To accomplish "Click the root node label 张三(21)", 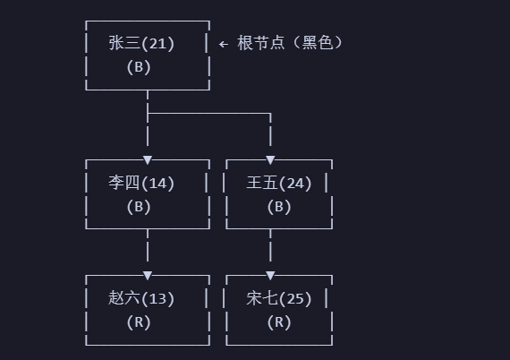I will pos(141,42).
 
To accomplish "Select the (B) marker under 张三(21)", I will pos(139,65).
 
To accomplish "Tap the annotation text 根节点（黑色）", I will pos(290,42).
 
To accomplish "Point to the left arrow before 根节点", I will pos(224,43).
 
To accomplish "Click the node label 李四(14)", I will pos(141,183).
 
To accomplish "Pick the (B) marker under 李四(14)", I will pos(139,206).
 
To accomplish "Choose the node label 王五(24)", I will pos(279,183).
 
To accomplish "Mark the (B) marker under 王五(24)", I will pos(279,206).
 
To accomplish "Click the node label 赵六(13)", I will pos(141,298).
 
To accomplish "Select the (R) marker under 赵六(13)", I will pos(139,321).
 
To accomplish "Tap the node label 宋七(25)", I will pos(279,298).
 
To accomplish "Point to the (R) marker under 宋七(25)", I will pos(279,321).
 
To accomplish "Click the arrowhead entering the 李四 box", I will pos(148,159).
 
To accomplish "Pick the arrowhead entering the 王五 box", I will pos(270,159).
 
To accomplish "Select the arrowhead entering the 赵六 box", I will pos(148,275).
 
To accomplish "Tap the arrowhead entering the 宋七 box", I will pos(270,275).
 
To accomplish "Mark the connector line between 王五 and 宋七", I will pos(270,249).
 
